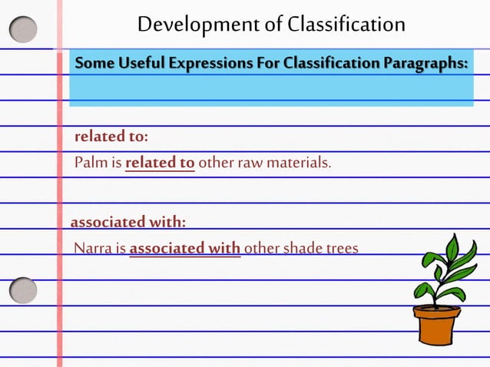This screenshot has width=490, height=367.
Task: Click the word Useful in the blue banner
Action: click(144, 62)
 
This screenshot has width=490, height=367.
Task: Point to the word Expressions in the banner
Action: click(217, 62)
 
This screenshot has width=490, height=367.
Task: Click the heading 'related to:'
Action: click(111, 137)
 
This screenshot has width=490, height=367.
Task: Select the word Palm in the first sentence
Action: click(88, 163)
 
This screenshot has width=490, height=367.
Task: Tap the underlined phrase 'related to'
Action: click(160, 163)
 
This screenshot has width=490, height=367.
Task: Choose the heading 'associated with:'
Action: click(128, 223)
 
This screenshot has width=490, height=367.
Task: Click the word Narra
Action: click(91, 248)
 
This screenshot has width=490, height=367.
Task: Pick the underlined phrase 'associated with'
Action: click(185, 248)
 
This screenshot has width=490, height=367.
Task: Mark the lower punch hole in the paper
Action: click(23, 290)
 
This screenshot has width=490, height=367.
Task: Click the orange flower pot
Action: click(436, 326)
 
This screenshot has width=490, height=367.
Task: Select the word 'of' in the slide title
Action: click(274, 25)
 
